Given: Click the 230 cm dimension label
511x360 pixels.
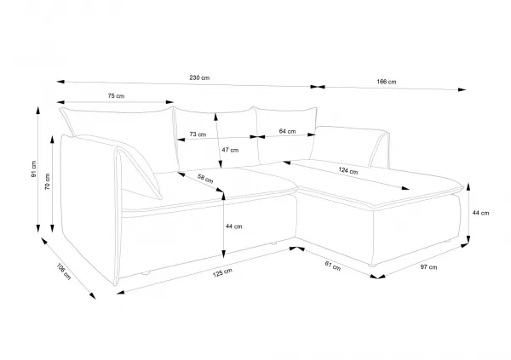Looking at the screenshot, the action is (x=199, y=77).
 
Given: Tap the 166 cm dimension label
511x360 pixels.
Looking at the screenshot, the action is (x=387, y=82).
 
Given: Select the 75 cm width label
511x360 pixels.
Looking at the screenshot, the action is (x=116, y=96).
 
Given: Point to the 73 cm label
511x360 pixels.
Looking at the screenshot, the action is (x=198, y=134).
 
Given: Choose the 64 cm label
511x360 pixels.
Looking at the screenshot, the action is (x=288, y=131).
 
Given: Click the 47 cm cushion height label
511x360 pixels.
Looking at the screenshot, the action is (x=230, y=150).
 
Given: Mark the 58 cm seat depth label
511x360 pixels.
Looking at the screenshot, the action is (x=205, y=179).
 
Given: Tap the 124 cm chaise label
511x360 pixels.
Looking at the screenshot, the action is (x=348, y=170).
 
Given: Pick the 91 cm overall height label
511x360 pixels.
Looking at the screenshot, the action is (x=34, y=169).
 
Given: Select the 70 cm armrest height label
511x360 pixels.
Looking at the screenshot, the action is (x=48, y=181).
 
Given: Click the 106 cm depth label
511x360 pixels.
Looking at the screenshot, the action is (x=64, y=271).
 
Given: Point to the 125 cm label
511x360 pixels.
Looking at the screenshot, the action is (x=222, y=272).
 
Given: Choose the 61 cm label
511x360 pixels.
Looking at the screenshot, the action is (x=333, y=266).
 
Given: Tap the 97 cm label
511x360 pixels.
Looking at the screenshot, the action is (x=428, y=267).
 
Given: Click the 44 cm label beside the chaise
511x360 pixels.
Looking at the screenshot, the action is (x=480, y=213).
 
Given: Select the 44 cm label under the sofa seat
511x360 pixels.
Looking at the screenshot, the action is (x=234, y=226).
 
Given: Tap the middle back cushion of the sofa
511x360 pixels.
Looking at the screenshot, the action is (x=216, y=139).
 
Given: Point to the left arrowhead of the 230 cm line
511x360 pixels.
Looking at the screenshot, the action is (x=60, y=82).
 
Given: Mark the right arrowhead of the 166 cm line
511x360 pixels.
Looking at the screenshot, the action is (x=462, y=89).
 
